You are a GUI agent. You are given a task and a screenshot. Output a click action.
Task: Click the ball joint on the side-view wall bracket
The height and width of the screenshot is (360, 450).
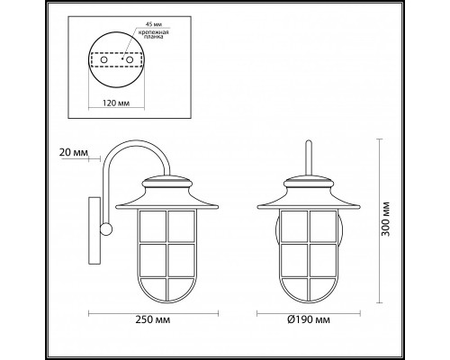point(107,229)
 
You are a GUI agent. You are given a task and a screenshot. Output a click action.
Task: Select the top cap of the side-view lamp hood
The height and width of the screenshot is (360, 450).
point(170,179)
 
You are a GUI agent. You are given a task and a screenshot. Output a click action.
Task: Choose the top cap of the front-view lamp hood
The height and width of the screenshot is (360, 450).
point(308,179)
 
